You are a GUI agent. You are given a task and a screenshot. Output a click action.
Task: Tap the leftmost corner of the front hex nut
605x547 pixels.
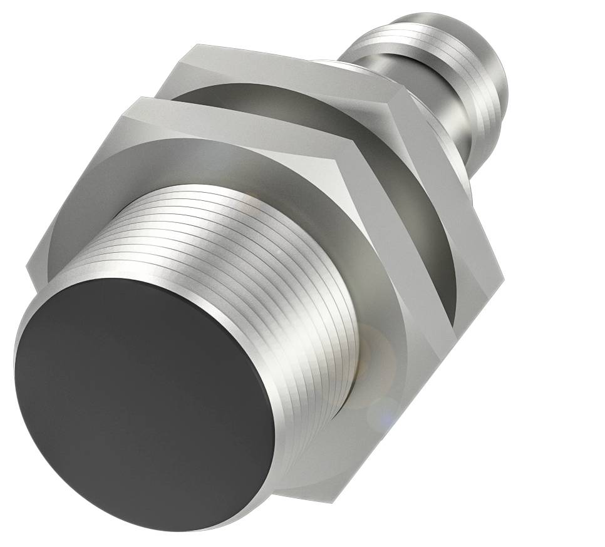(x=28, y=269)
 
